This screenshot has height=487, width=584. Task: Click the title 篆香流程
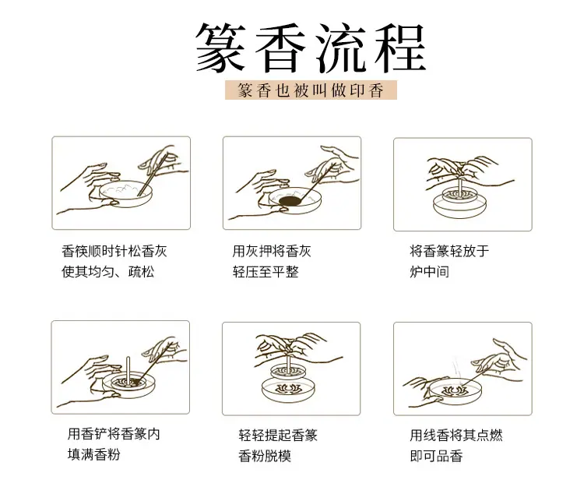point(311,48)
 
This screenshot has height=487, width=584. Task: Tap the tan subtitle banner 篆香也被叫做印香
point(311,90)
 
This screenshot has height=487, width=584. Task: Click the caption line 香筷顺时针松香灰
point(114,251)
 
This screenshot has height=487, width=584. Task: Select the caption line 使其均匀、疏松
point(108,272)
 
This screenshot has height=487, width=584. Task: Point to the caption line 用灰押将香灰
point(272,251)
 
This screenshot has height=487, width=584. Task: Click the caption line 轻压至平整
point(266,272)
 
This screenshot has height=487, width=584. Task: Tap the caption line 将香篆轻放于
point(449,251)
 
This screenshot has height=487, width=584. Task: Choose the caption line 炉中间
point(429,272)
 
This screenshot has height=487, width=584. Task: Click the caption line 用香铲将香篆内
point(114,434)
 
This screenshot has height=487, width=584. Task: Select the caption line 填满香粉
point(94,454)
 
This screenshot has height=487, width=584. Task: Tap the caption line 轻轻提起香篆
point(278,436)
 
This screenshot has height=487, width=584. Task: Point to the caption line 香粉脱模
point(265,456)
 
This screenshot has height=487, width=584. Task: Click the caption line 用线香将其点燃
point(456,436)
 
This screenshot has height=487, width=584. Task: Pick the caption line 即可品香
point(436,456)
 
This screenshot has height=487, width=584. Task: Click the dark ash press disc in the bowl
point(291,201)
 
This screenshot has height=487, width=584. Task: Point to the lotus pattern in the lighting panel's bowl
point(455,391)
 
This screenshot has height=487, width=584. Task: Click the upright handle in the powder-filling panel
point(128,370)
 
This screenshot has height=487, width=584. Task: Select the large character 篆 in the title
point(220,48)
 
